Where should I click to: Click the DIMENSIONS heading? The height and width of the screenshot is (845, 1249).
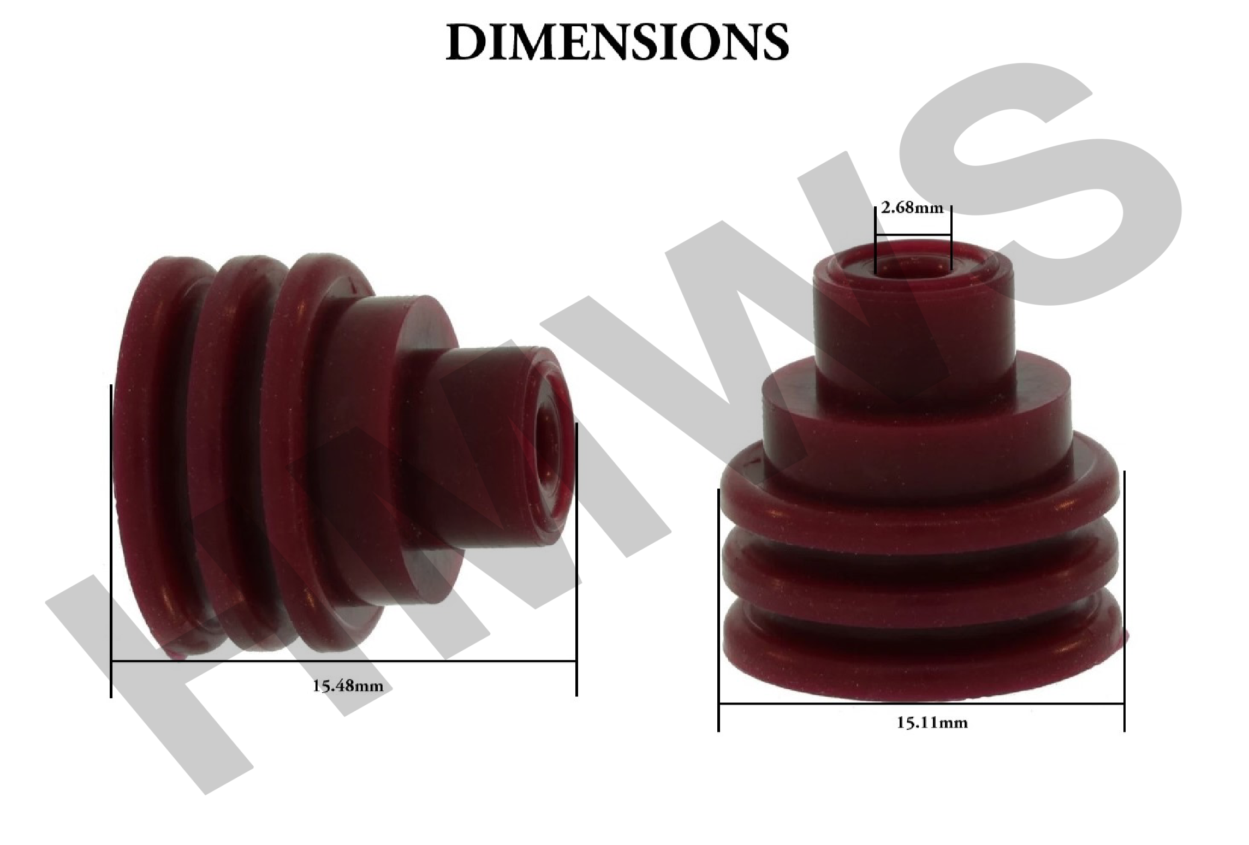click(x=617, y=42)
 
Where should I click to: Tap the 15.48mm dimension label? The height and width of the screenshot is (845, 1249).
click(x=348, y=686)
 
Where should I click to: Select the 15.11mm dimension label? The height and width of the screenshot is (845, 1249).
click(x=932, y=723)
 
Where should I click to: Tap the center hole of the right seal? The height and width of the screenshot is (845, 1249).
click(x=913, y=266)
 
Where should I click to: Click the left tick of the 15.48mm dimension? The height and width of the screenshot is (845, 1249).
click(x=111, y=540)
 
